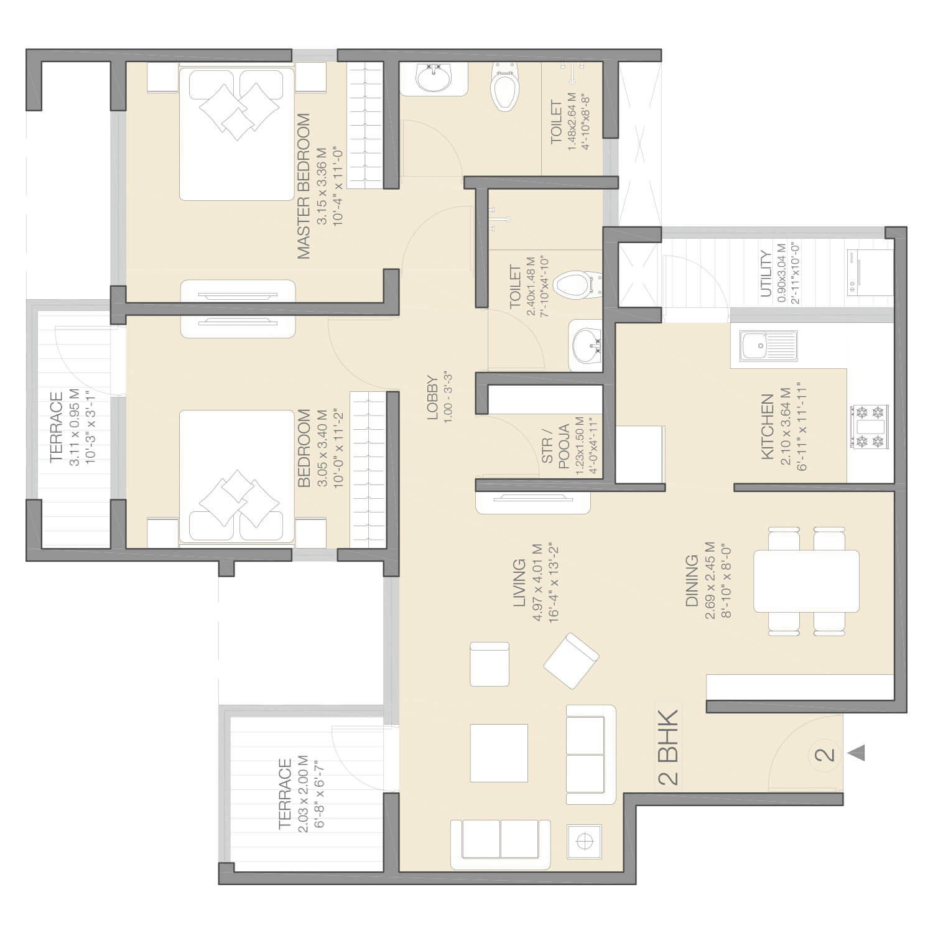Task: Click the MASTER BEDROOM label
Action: pos(304,186)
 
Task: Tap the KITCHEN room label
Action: pos(768,427)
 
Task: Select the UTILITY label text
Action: pos(766,274)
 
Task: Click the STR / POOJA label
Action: pos(555,443)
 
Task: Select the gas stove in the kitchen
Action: pos(869,427)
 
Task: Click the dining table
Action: pos(806,581)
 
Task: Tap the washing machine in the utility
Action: pos(861,272)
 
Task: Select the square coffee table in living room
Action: pos(499,753)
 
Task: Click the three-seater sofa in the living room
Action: pos(500,844)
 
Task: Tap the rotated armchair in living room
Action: pos(571,661)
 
